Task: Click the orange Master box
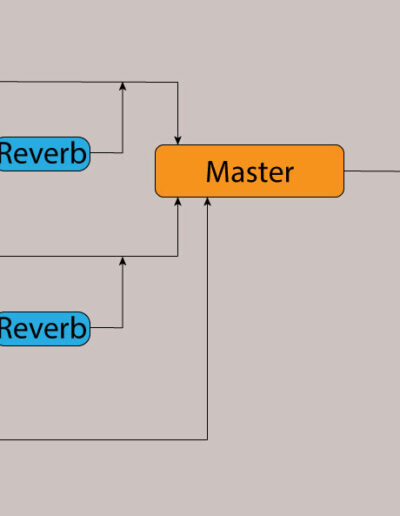(x=249, y=171)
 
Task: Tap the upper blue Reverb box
(x=45, y=154)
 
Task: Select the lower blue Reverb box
(x=45, y=329)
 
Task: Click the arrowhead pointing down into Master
(x=178, y=140)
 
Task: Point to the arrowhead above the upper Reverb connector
(x=123, y=86)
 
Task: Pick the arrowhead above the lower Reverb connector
(x=123, y=261)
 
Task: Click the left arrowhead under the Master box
(x=178, y=202)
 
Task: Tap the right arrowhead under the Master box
(x=207, y=202)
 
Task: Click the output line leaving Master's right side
(x=372, y=171)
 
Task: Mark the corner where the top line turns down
(x=178, y=82)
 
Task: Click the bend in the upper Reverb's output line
(x=123, y=153)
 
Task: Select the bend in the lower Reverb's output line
(x=123, y=328)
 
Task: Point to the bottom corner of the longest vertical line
(x=207, y=440)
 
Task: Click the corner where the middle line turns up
(x=178, y=256)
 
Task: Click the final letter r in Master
(x=289, y=175)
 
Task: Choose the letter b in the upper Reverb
(x=79, y=152)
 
